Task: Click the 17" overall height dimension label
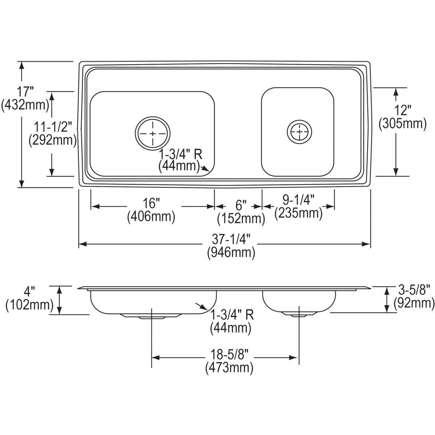(x=25, y=92)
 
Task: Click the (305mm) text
(x=403, y=124)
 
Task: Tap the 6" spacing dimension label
(x=241, y=205)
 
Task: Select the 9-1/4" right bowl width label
(x=298, y=199)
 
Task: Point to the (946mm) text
(x=231, y=253)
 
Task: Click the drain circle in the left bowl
(x=153, y=133)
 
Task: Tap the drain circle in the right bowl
(x=299, y=132)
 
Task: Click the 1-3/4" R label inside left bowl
(x=181, y=154)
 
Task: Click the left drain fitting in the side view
(x=150, y=316)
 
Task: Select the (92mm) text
(x=414, y=303)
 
